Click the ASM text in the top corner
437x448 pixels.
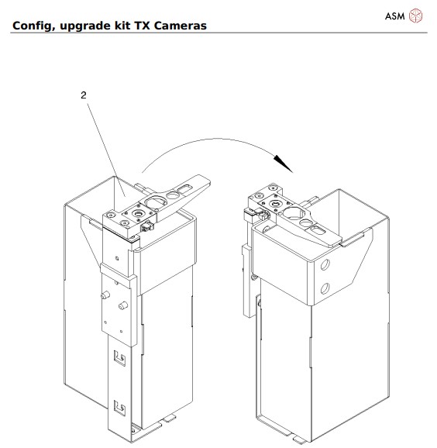pos(395,15)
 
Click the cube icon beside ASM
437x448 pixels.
pos(416,15)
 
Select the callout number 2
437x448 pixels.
pos(84,95)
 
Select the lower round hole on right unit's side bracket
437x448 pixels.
pos(325,289)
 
